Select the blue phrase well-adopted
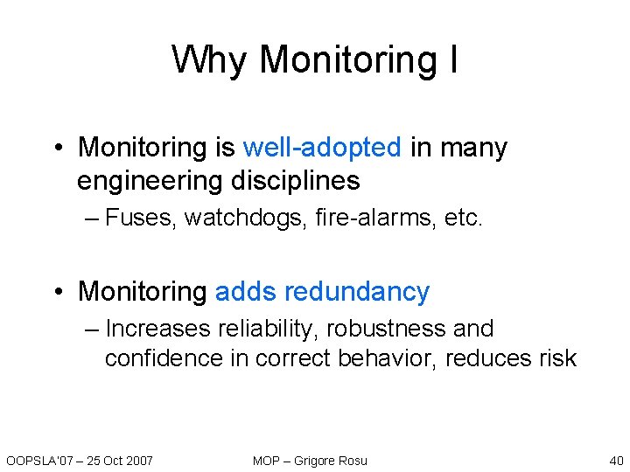point(322,148)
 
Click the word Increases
point(158,329)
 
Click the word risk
point(556,358)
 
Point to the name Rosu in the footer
point(352,460)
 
